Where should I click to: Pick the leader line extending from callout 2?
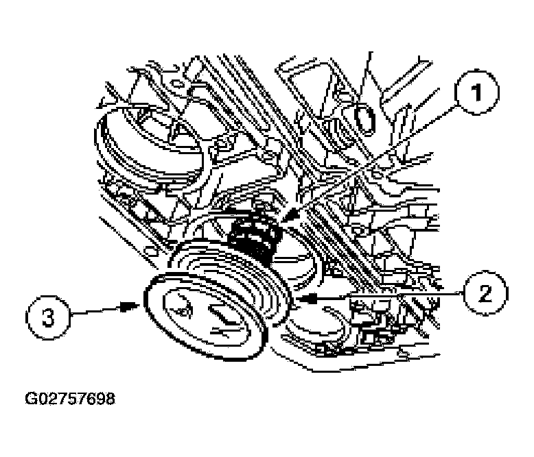pyautogui.click(x=384, y=297)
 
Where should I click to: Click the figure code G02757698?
pyautogui.click(x=70, y=399)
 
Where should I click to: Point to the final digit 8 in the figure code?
pyautogui.click(x=111, y=399)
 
